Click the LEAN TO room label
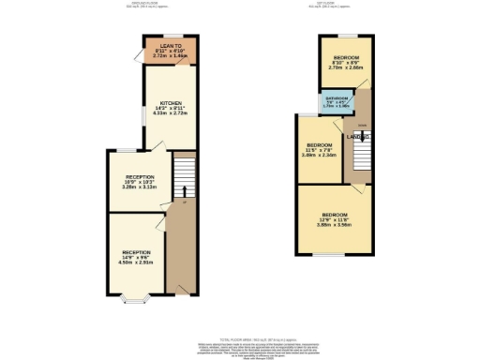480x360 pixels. tap(171, 45)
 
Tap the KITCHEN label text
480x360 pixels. tap(171, 103)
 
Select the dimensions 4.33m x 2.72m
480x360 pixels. tap(171, 115)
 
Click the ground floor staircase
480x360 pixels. tap(184, 178)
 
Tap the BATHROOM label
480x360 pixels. tap(337, 97)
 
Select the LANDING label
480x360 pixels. tap(359, 138)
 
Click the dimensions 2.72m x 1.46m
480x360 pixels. tap(171, 56)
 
